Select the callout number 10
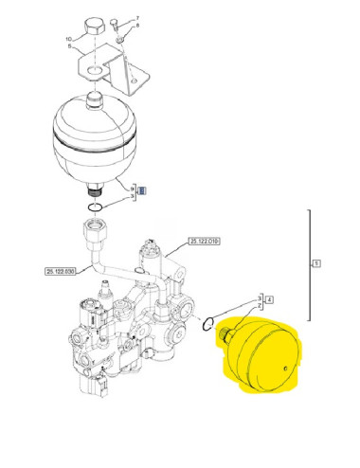[67, 39]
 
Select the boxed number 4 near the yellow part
[269, 300]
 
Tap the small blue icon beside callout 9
[142, 190]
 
